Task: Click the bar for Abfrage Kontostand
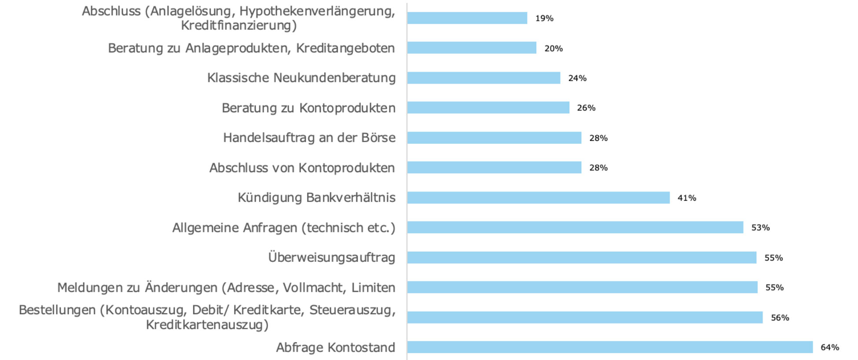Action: pyautogui.click(x=610, y=347)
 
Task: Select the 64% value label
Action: pyautogui.click(x=830, y=348)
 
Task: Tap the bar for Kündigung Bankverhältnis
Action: pyautogui.click(x=538, y=198)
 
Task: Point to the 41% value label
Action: pyautogui.click(x=687, y=198)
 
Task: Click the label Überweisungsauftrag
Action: pyautogui.click(x=332, y=257)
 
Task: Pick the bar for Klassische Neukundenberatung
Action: pyautogui.click(x=484, y=78)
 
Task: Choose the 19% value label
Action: pyautogui.click(x=544, y=18)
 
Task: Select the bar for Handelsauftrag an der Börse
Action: pyautogui.click(x=494, y=138)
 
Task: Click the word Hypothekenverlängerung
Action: pyautogui.click(x=317, y=11)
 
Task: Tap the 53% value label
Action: pyautogui.click(x=760, y=228)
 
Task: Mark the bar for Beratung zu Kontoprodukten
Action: pyautogui.click(x=488, y=108)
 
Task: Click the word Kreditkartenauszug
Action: pyautogui.click(x=207, y=325)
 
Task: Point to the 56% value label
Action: pyautogui.click(x=780, y=318)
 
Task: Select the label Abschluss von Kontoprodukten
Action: pyautogui.click(x=302, y=168)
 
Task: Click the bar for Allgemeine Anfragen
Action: pyautogui.click(x=575, y=228)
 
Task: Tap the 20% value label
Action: pyautogui.click(x=554, y=48)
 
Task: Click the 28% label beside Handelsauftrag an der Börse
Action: pyautogui.click(x=598, y=138)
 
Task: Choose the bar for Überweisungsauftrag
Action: pyautogui.click(x=582, y=257)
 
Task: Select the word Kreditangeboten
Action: pyautogui.click(x=345, y=48)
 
